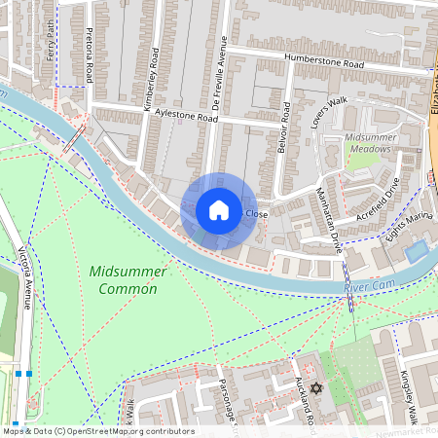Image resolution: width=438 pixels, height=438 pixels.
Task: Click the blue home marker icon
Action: click(x=219, y=210)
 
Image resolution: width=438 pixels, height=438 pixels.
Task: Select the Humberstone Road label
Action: click(x=324, y=61)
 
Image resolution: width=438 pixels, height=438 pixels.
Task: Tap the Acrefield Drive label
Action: click(x=379, y=201)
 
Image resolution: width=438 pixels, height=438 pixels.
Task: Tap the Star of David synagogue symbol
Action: click(x=314, y=387)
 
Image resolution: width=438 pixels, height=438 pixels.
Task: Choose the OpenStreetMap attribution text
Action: click(x=97, y=431)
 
